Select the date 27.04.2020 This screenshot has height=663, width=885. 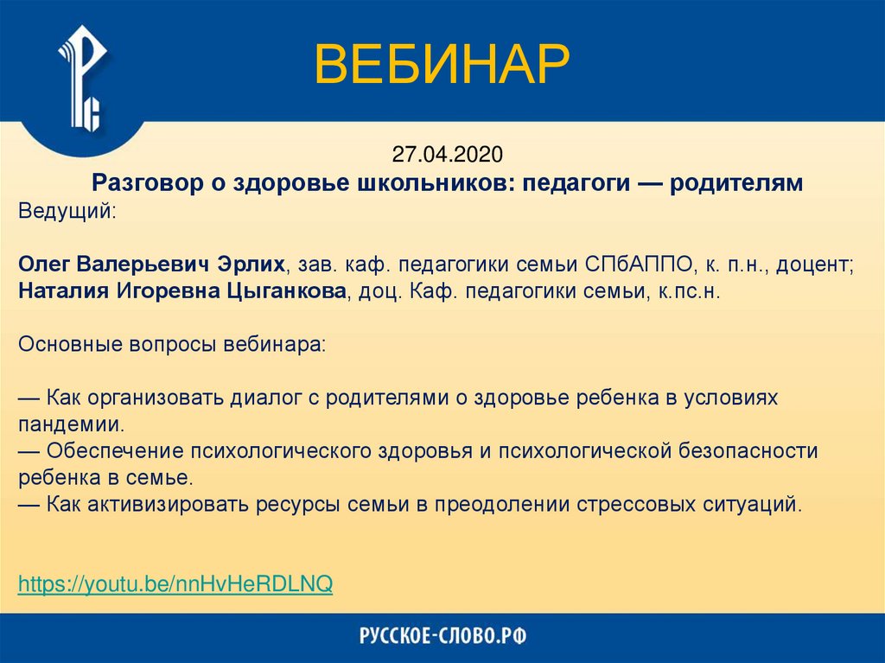[447, 155]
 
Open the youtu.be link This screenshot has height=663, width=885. [175, 583]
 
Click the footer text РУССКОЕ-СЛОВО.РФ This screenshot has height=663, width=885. [442, 637]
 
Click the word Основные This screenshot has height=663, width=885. [61, 344]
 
